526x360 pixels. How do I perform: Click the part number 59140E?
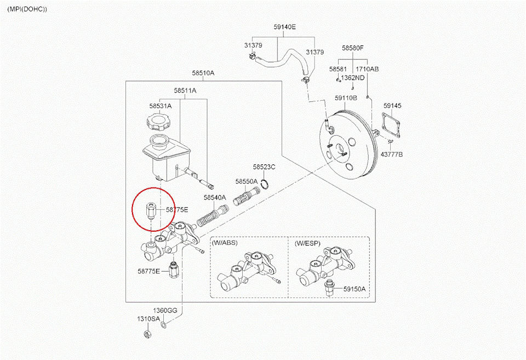coord(284,26)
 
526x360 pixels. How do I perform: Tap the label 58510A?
coord(203,73)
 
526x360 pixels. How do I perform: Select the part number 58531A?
coord(160,106)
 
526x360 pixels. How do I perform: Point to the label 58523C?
coord(264,167)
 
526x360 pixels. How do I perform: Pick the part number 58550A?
coord(246,181)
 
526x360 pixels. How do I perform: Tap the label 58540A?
coord(214,197)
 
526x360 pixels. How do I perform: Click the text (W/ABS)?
coord(225,242)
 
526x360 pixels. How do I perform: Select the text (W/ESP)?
coord(307,242)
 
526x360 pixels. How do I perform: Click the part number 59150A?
coord(355,289)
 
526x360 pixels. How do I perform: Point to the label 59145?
coord(392,105)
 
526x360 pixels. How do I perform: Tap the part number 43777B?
coord(391,155)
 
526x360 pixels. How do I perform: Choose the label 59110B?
coord(346,98)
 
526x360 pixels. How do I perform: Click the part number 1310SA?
coord(148,318)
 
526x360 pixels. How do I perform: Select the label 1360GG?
coord(165,311)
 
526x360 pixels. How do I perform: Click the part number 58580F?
coord(353,48)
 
